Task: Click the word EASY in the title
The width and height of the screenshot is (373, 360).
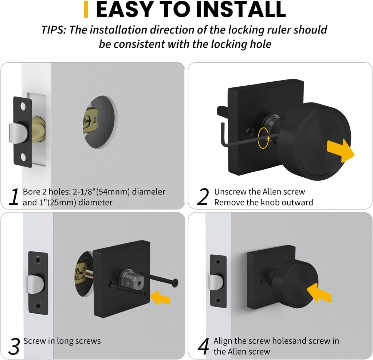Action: point(122,10)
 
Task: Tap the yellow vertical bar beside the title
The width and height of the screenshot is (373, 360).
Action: point(86,9)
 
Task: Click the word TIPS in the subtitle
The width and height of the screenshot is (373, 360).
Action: point(53,30)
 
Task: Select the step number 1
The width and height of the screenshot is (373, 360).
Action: point(13,197)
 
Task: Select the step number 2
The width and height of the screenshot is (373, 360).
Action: point(203,197)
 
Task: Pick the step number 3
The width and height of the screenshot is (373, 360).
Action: point(13,347)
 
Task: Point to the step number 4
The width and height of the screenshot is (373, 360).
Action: point(203,347)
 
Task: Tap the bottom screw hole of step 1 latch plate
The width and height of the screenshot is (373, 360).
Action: point(23,157)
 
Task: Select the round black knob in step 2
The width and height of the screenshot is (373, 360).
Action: point(313,137)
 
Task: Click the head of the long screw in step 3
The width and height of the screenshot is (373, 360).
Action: point(176,281)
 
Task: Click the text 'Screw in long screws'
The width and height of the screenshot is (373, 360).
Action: point(62,341)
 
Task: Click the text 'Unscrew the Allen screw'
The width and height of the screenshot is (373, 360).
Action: point(259,192)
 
